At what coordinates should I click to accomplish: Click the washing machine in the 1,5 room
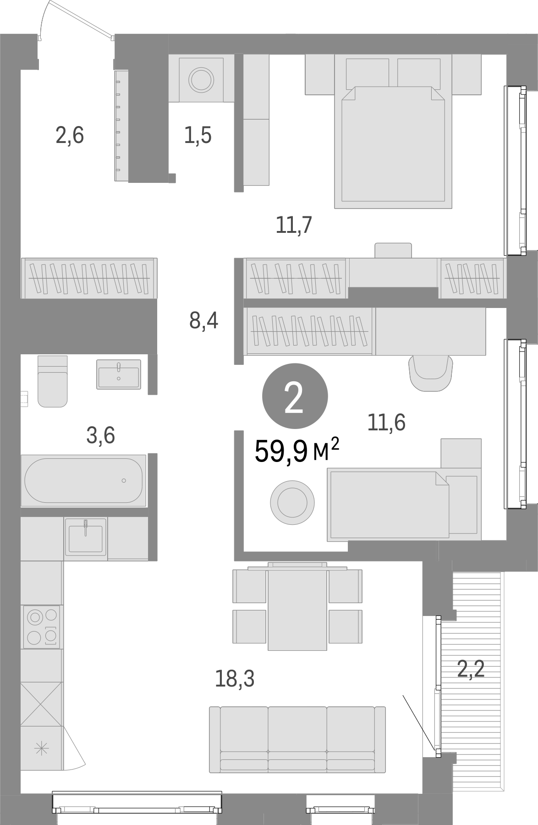[x=202, y=79]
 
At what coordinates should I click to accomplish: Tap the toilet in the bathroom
[x=53, y=381]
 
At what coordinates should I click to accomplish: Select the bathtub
[x=83, y=480]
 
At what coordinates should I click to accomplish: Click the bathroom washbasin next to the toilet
[x=119, y=374]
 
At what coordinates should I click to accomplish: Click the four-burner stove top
[x=42, y=626]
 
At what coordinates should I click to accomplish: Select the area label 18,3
[x=234, y=679]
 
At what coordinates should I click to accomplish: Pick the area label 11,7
[x=294, y=225]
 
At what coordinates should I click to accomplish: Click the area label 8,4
[x=203, y=321]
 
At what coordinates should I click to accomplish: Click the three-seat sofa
[x=297, y=739]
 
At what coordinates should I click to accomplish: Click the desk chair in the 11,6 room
[x=430, y=373]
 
